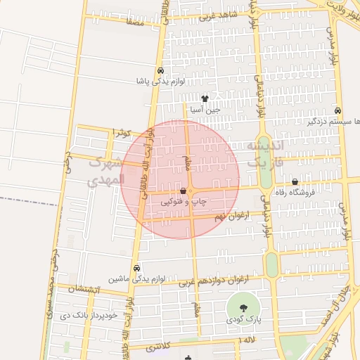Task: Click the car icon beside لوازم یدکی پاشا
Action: click(161, 70)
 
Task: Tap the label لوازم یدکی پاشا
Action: click(161, 82)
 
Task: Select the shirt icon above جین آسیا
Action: click(205, 98)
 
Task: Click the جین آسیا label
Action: click(205, 110)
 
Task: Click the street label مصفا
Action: click(135, 22)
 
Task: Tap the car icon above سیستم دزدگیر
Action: click(338, 110)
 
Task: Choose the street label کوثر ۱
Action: click(122, 133)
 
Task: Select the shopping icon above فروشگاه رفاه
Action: click(304, 182)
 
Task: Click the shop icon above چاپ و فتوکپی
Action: click(184, 191)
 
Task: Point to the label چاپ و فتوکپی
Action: click(184, 201)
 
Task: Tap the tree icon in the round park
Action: click(243, 307)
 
